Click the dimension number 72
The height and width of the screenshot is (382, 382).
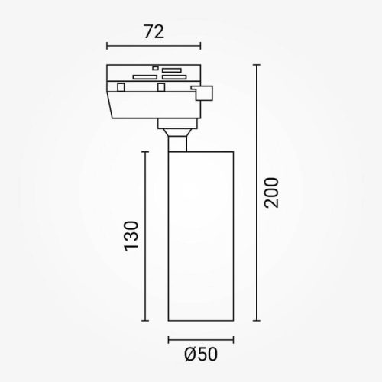click(154, 32)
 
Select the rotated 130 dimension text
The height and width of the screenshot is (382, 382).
click(131, 238)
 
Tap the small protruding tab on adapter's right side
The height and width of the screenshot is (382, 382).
click(204, 93)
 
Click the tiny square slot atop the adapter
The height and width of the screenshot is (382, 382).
click(155, 69)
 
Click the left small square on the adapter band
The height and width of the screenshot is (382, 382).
click(121, 88)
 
